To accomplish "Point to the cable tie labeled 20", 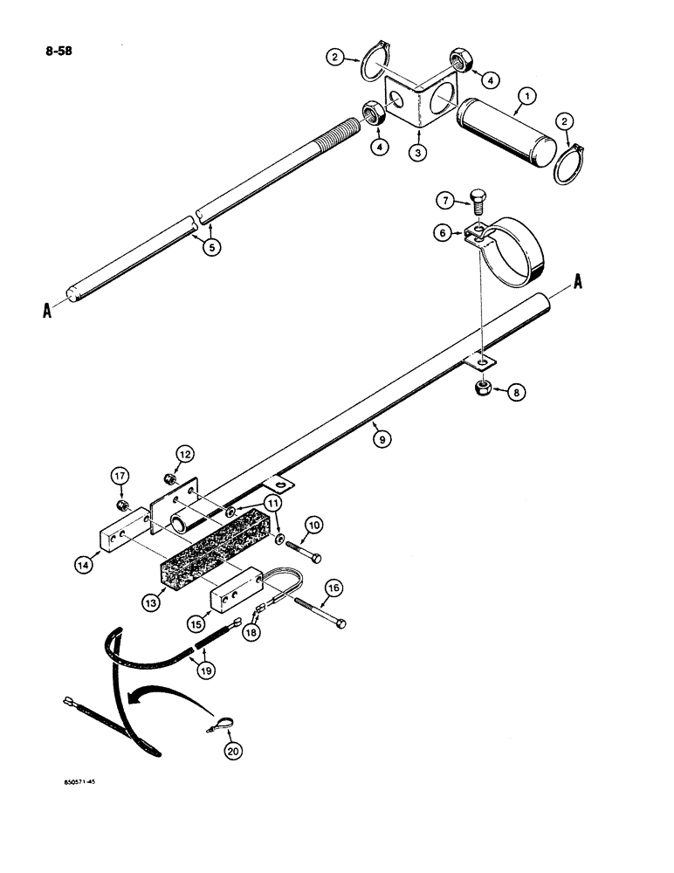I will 215,722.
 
